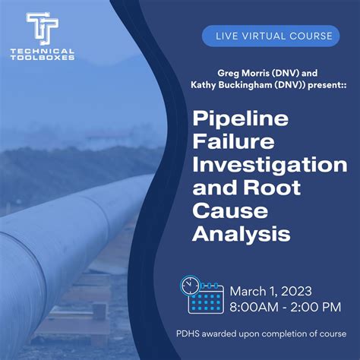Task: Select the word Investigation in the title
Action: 270,164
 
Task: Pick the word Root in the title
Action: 273,187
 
